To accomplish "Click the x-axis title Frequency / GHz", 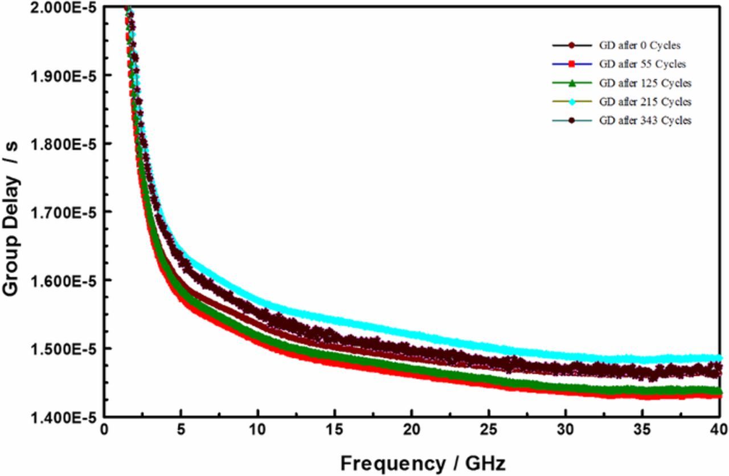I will point(423,463).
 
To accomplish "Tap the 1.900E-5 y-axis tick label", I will point(63,76).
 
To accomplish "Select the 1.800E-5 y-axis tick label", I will point(63,144).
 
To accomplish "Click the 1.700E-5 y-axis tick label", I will point(63,212).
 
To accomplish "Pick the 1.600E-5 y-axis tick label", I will point(63,281).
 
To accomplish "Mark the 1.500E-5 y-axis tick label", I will point(63,348).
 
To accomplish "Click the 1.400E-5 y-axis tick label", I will point(63,417).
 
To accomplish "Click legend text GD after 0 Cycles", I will point(639,46).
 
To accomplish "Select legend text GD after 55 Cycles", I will point(642,64).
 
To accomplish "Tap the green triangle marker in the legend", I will point(573,83).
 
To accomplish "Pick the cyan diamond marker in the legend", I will point(573,102).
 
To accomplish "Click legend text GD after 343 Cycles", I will point(645,120).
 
